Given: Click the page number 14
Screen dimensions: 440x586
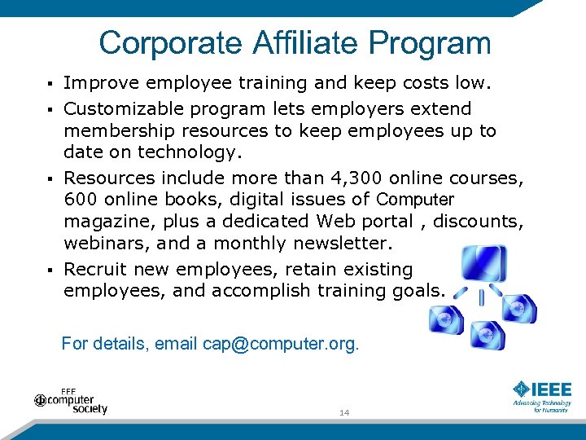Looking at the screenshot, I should coord(344,413).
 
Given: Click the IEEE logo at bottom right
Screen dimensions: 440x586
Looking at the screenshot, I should coord(542,390).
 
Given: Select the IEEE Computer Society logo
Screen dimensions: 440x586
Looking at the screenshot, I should coord(72,400).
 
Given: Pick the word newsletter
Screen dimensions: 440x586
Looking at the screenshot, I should coord(346,244).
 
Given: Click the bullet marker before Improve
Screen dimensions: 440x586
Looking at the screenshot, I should coord(50,84).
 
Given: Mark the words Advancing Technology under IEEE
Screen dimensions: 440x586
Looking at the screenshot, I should coord(541,403).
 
